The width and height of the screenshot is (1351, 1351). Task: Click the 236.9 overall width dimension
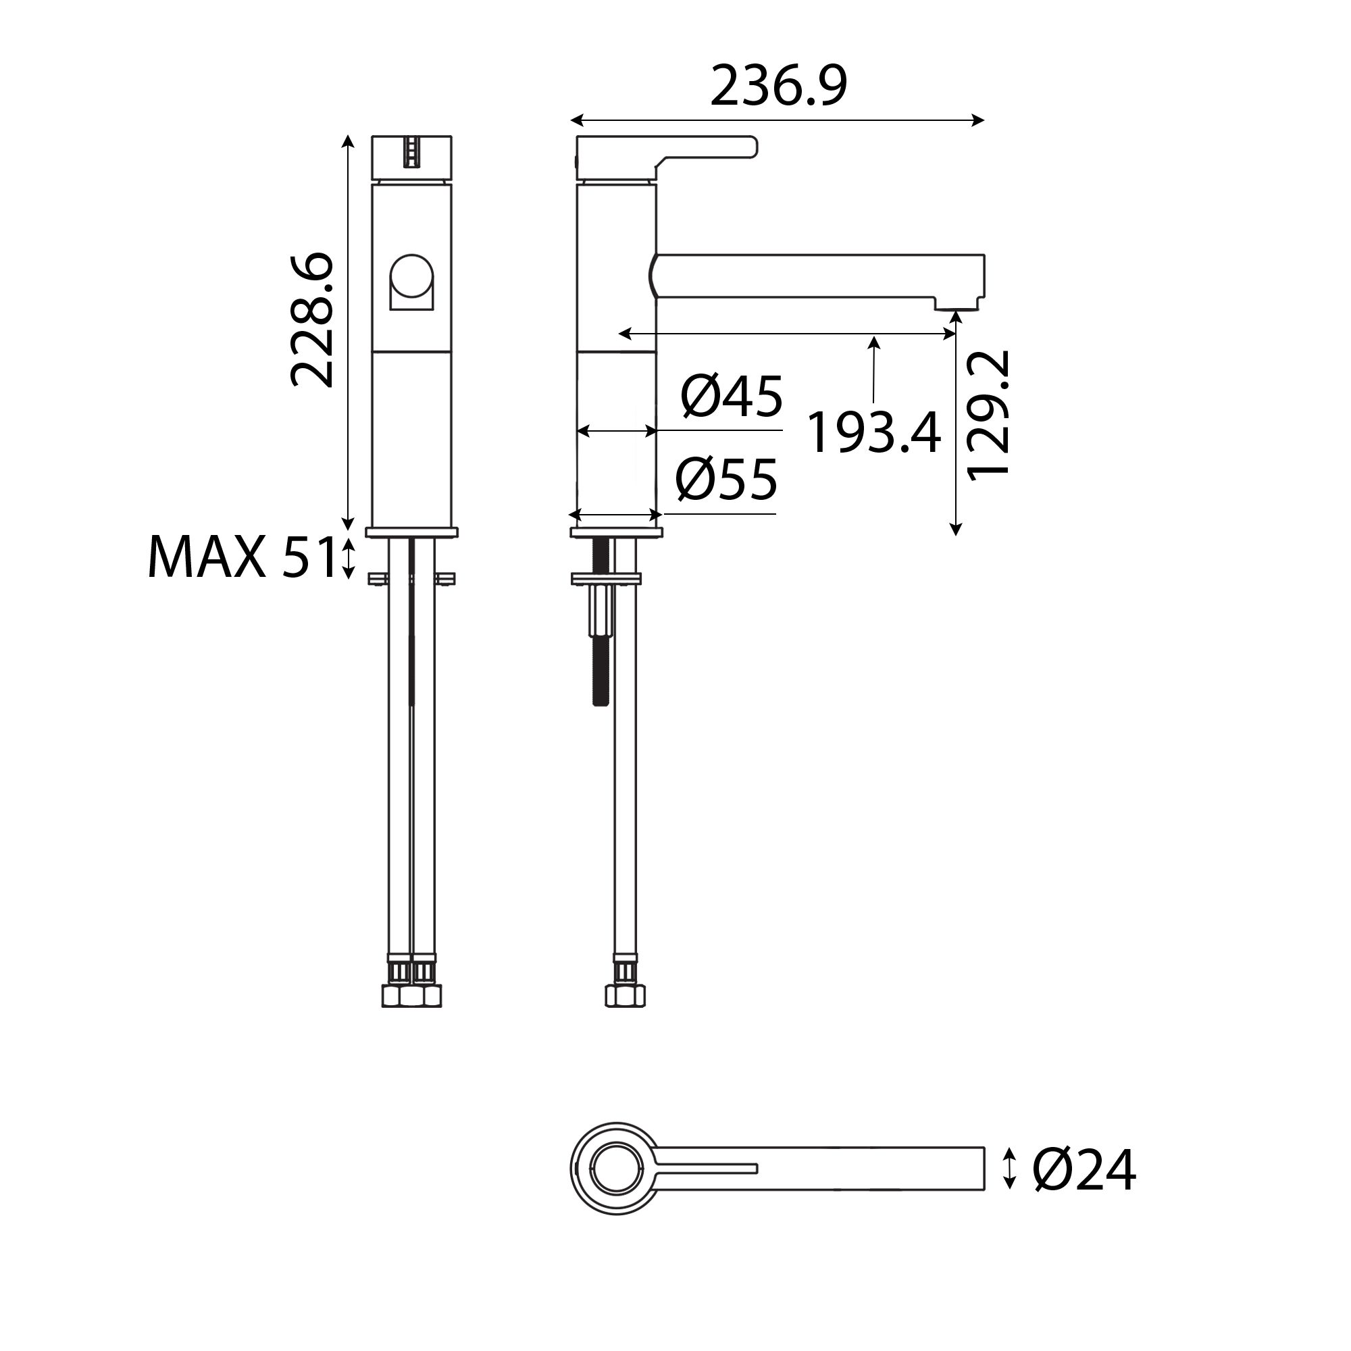tap(778, 86)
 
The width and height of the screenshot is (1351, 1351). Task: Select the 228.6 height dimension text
tap(312, 320)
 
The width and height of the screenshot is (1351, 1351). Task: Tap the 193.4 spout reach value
tap(873, 433)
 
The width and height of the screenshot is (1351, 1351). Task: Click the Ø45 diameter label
tap(732, 397)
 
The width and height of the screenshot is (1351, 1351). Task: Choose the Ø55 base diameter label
tap(727, 480)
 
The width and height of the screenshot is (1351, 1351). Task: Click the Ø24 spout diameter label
tap(1084, 1171)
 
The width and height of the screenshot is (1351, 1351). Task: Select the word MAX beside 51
tap(207, 557)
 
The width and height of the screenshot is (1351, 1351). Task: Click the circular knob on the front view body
tap(412, 276)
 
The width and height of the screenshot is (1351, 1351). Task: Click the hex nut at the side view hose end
tap(624, 996)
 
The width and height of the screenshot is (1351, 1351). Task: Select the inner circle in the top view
tap(616, 1168)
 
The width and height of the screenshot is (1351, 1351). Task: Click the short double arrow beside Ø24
tap(1009, 1168)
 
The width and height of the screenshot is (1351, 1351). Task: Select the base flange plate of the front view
tap(412, 532)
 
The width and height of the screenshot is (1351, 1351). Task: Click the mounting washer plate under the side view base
tap(605, 578)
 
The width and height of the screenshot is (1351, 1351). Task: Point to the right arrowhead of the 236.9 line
tap(979, 120)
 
